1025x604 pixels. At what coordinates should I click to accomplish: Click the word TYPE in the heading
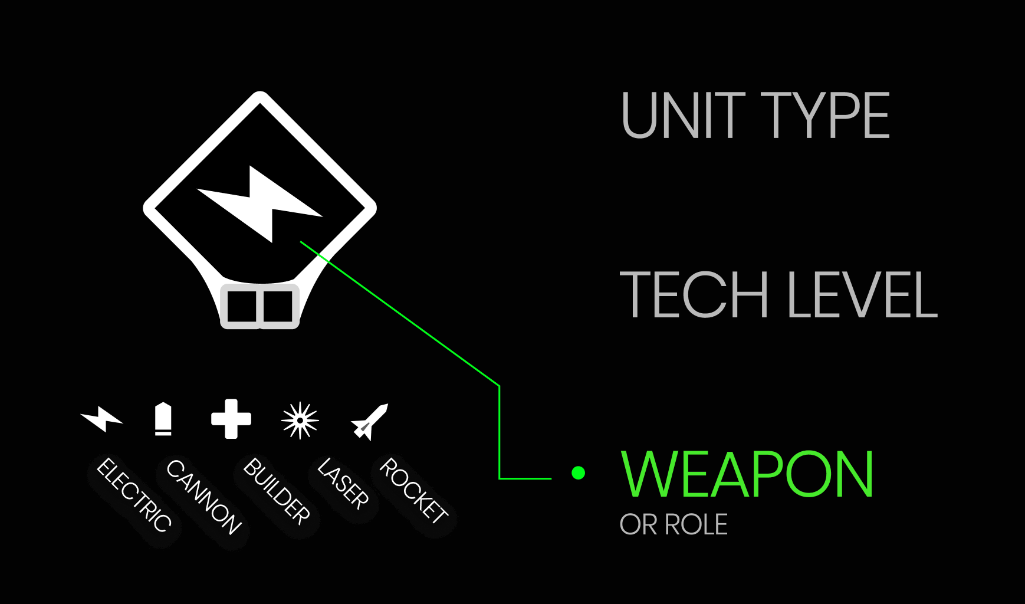825,116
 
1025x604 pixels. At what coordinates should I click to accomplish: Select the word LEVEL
862,294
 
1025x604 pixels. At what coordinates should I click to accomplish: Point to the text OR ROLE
674,524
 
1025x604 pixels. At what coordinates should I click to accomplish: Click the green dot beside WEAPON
579,472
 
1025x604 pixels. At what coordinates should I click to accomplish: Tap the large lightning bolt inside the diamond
259,203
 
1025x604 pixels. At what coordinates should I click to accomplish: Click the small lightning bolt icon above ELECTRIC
102,418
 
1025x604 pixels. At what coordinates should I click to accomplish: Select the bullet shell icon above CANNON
163,419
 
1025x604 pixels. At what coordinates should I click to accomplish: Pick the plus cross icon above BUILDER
231,419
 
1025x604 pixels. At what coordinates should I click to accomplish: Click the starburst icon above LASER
300,420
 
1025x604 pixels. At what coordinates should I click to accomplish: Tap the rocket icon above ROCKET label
370,422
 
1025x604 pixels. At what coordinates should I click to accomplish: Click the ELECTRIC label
134,495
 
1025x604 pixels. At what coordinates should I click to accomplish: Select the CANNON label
203,497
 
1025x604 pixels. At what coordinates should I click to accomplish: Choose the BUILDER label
276,491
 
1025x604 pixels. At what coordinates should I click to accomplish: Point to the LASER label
343,484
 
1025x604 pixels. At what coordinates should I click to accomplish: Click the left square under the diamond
241,306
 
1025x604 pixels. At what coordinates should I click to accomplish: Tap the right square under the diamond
278,306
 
